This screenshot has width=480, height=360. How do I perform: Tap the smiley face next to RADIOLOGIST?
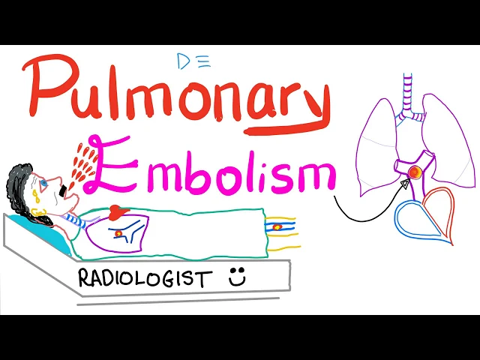[x=238, y=277]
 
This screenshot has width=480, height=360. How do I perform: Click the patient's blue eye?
[x=45, y=181]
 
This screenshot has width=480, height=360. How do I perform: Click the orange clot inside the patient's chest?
[x=118, y=234]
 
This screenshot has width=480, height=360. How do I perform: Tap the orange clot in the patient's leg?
[x=279, y=226]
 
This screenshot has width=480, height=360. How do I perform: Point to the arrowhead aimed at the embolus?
[x=404, y=182]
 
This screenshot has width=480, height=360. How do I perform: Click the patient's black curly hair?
[x=22, y=187]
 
